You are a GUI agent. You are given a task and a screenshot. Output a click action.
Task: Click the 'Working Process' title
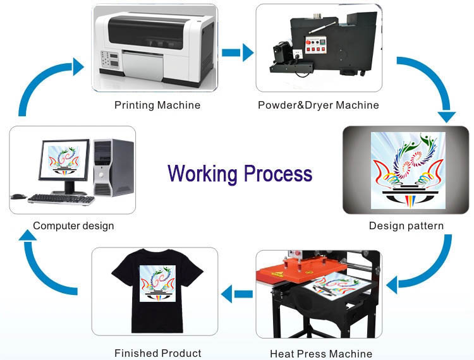(240, 173)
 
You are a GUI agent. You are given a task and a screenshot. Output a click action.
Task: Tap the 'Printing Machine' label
(157, 105)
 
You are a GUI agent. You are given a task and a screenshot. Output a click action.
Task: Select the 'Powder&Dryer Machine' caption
(319, 105)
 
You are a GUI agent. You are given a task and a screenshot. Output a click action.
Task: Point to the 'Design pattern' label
(406, 225)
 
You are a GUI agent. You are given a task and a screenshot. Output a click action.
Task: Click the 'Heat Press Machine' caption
(321, 354)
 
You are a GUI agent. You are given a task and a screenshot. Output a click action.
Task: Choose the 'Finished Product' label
(158, 353)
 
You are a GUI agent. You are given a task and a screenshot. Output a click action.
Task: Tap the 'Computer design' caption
(73, 225)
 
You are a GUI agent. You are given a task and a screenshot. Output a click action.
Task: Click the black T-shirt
(155, 291)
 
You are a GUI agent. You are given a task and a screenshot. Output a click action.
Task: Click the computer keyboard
(61, 199)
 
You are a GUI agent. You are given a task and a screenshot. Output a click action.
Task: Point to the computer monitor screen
(66, 160)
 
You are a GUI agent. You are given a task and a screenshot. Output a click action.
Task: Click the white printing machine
(155, 47)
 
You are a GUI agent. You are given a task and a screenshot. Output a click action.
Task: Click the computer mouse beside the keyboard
(19, 196)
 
